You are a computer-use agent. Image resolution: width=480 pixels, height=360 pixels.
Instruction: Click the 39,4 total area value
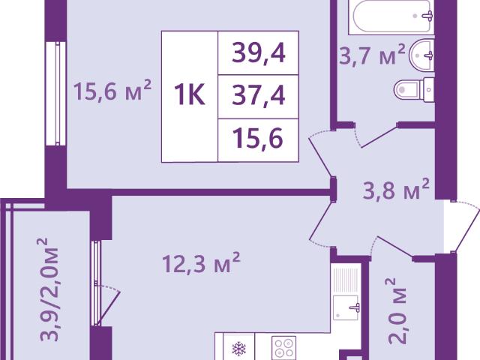click(x=259, y=53)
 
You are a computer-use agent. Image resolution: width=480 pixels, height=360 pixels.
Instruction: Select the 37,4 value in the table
click(x=259, y=95)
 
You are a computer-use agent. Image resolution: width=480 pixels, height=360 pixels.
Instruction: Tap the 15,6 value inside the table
click(x=257, y=138)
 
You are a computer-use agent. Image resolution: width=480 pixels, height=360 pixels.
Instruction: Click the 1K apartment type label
click(x=190, y=95)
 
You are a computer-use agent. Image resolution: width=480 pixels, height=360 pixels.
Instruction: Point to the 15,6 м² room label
click(x=112, y=90)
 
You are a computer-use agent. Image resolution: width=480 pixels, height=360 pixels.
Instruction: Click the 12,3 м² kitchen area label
click(x=201, y=262)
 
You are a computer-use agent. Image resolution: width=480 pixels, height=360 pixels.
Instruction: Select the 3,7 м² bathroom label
click(x=372, y=55)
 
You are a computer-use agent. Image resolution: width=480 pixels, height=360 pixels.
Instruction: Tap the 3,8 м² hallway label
click(x=396, y=190)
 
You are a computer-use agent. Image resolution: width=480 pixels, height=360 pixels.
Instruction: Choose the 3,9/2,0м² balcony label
click(x=48, y=289)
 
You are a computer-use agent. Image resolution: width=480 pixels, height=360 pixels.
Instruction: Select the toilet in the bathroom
click(x=414, y=89)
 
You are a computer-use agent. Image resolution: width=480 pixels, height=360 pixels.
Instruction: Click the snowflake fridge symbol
click(x=239, y=348)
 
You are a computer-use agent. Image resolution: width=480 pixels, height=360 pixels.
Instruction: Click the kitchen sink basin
click(x=345, y=307)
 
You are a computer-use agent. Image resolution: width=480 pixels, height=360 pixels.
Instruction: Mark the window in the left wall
click(x=57, y=93)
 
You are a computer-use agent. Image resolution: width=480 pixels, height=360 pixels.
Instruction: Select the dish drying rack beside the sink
click(x=345, y=280)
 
